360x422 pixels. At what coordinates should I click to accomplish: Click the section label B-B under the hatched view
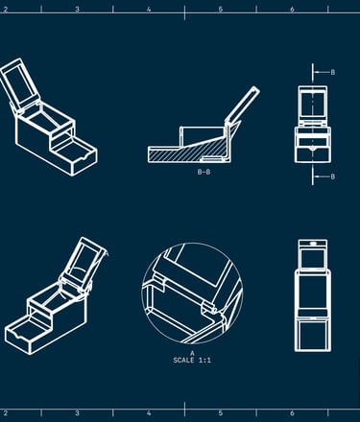[204, 172]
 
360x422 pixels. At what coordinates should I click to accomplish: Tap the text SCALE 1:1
[192, 361]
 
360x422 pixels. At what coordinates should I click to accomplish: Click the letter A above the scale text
[192, 353]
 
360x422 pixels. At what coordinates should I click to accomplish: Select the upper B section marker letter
[333, 72]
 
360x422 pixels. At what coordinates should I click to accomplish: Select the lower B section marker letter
[333, 176]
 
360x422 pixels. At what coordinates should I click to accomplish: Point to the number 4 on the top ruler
[149, 10]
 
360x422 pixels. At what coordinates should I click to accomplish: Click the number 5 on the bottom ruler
[221, 413]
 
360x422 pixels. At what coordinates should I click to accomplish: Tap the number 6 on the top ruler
[292, 10]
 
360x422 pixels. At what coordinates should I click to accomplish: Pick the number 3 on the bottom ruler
[77, 413]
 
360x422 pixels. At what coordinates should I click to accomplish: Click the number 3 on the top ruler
[77, 10]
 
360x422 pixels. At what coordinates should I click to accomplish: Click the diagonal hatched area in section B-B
[192, 152]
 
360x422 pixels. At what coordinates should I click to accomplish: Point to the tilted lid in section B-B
[243, 105]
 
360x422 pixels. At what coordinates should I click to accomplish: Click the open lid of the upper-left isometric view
[20, 85]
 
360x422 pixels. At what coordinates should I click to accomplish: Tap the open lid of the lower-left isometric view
[84, 263]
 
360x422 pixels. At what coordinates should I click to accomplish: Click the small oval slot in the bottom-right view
[313, 244]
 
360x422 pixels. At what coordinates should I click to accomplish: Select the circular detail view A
[192, 293]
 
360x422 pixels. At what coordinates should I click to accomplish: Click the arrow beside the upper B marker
[322, 72]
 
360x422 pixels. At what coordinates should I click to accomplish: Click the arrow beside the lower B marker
[322, 176]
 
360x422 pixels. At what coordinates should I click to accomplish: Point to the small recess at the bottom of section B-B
[211, 158]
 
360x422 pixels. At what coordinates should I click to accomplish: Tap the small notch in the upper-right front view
[313, 149]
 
